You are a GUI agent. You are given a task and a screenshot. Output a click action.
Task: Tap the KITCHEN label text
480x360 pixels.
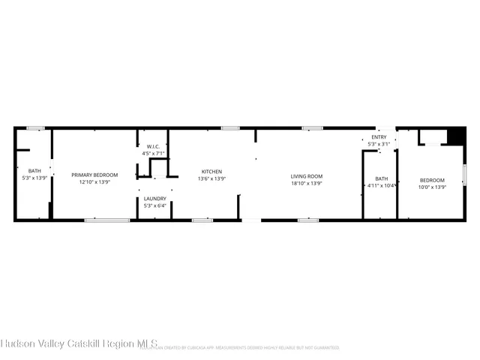[x=211, y=171]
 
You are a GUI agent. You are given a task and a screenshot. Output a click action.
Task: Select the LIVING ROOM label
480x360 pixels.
[x=307, y=176]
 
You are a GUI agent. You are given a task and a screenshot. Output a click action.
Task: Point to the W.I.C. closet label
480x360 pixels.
[x=153, y=146]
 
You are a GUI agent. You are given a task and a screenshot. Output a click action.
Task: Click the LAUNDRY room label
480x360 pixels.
[x=155, y=198]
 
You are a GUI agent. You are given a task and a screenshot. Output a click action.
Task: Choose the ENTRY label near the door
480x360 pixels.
[x=379, y=137]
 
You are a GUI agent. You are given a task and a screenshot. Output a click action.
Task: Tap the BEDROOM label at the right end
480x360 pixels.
[x=432, y=180]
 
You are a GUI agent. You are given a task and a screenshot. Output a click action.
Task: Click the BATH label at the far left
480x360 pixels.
[x=25, y=170]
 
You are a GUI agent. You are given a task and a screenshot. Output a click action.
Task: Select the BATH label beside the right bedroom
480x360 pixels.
[x=382, y=178]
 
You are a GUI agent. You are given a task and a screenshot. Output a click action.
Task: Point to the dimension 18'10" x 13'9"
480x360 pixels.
[x=307, y=183]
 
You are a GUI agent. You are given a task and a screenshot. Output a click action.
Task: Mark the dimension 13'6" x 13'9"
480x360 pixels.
[x=211, y=178]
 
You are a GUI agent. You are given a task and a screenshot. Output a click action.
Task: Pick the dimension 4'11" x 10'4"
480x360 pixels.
[x=382, y=185]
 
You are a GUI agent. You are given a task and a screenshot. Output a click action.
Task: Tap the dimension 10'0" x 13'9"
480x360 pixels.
[x=432, y=187]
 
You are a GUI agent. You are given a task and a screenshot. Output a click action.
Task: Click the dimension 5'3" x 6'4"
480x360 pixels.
[x=155, y=205]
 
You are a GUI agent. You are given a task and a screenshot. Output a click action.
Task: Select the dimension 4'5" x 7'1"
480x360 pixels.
[x=153, y=153]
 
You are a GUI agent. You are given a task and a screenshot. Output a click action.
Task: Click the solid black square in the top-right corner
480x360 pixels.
[x=455, y=136]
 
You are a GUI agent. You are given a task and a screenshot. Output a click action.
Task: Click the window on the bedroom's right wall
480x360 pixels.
[x=464, y=175]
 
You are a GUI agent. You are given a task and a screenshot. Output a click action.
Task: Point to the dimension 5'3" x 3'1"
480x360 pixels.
[x=379, y=144]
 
